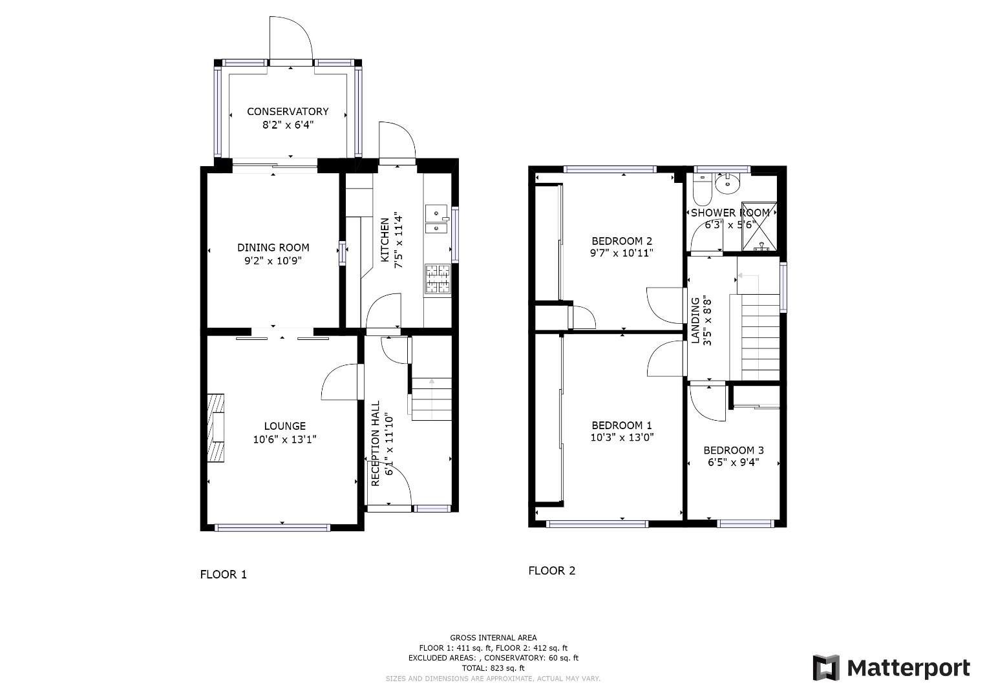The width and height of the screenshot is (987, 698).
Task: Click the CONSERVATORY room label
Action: tap(288, 111)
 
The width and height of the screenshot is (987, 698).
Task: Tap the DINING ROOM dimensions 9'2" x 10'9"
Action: tap(273, 261)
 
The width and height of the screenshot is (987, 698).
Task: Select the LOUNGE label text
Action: tap(284, 426)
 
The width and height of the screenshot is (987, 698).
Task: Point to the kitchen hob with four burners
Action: tap(438, 279)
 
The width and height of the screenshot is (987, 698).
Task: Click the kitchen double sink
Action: tap(437, 219)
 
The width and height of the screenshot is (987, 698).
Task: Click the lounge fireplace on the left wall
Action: tap(216, 428)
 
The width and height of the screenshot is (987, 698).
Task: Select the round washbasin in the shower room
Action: tap(727, 183)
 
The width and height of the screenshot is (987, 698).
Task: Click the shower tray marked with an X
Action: tap(759, 226)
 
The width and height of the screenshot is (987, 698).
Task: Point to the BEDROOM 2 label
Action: tap(622, 241)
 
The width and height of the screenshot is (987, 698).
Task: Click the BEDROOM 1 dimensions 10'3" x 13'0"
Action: tap(622, 437)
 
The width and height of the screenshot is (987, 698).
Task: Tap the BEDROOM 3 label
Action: tap(734, 450)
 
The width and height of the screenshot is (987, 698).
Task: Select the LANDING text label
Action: tap(695, 321)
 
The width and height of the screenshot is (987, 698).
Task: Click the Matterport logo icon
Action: tap(826, 668)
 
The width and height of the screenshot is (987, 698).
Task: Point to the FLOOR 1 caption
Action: tap(224, 575)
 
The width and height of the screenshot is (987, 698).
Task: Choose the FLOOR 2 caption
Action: tap(551, 571)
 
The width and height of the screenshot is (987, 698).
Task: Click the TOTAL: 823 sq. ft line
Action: tap(493, 668)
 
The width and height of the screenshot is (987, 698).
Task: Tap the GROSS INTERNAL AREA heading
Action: tap(493, 638)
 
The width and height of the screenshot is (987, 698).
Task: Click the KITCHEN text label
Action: tap(385, 240)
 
